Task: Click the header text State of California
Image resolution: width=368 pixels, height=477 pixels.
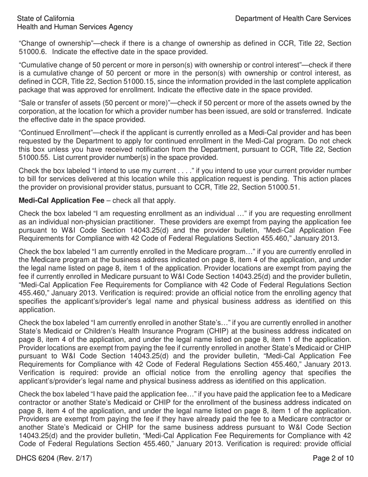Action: tap(46, 18)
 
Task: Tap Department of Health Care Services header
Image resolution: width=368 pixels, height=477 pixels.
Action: tap(293, 18)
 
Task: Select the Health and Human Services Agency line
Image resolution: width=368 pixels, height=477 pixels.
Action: tap(75, 27)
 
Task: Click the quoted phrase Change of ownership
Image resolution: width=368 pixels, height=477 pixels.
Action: tap(52, 43)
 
